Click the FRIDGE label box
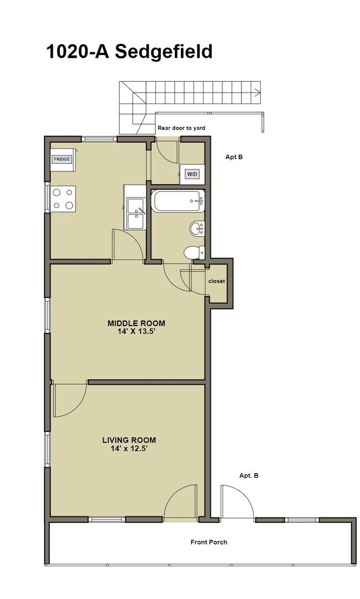(x=62, y=159)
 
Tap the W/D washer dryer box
(x=192, y=174)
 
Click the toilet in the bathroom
(x=193, y=252)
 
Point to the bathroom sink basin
(x=197, y=228)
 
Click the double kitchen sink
(x=135, y=214)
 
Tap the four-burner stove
(x=62, y=199)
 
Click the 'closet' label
(x=216, y=281)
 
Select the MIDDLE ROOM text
(x=136, y=323)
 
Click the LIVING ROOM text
(x=129, y=440)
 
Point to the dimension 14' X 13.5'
(x=136, y=332)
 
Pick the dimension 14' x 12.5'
(x=129, y=449)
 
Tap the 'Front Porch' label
(x=209, y=542)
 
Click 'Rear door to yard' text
(x=181, y=128)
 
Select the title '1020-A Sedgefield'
(x=129, y=51)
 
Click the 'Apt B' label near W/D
(x=234, y=157)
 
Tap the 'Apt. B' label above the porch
(x=249, y=475)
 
